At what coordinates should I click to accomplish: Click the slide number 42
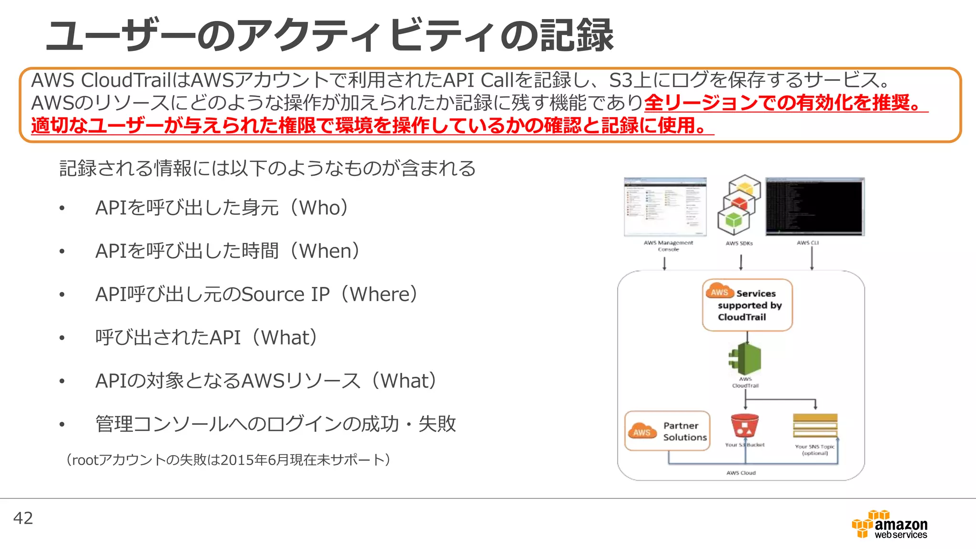(23, 518)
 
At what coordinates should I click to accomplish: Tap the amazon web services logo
(889, 525)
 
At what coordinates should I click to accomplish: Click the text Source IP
(285, 295)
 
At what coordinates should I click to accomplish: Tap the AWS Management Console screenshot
(665, 207)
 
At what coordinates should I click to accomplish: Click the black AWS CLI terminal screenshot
(815, 207)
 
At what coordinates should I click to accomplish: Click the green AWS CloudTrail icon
(745, 359)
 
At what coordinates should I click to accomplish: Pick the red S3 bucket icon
(744, 426)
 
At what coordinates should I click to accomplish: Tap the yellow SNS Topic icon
(815, 426)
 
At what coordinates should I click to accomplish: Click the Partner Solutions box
(667, 431)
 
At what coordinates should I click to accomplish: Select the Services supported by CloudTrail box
(747, 305)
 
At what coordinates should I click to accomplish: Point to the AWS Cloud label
(741, 473)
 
